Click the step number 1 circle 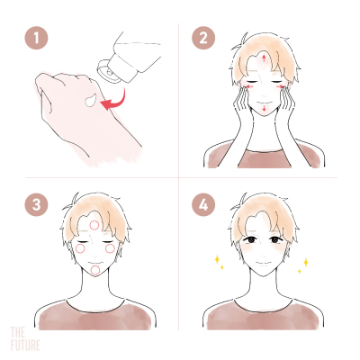[x=36, y=39]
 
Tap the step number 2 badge [x=203, y=39]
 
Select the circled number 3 [x=36, y=205]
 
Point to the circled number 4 [x=203, y=205]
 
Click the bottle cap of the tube [x=104, y=69]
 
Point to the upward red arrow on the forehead [x=264, y=58]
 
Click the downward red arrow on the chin [x=264, y=109]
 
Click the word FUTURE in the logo [x=25, y=345]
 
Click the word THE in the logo [x=18, y=332]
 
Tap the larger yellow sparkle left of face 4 [x=217, y=259]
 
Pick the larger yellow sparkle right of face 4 [x=306, y=262]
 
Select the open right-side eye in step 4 [x=274, y=239]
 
